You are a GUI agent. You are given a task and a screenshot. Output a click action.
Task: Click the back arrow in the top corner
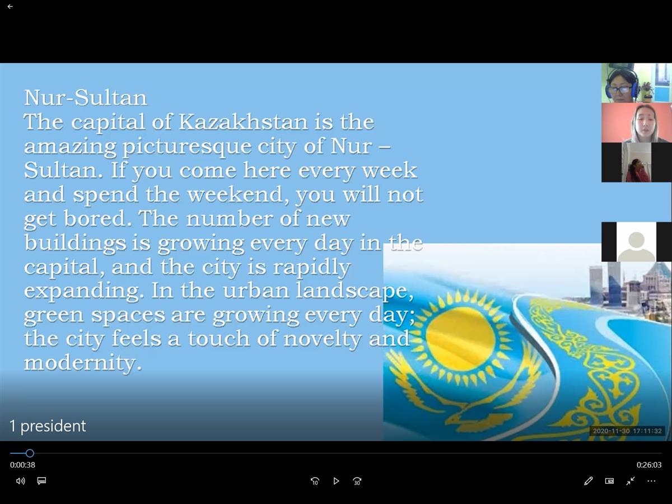point(10,6)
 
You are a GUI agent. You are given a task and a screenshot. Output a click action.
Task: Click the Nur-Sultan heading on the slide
point(86,98)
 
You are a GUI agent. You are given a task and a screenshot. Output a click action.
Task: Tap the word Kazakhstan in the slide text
point(244,122)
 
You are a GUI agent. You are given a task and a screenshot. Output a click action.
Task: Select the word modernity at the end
point(83,363)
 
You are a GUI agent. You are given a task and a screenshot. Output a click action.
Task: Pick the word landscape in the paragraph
point(355,291)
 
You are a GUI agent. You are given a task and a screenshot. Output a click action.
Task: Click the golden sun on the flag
point(460,338)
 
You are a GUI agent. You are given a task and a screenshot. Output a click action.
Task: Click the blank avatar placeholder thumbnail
point(636,242)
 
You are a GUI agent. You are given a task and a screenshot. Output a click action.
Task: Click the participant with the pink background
point(637,123)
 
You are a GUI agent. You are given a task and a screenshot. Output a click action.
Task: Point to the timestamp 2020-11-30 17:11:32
point(627,431)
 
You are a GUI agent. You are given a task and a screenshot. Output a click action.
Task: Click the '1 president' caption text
point(48,426)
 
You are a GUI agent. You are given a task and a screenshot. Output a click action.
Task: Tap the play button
point(336,482)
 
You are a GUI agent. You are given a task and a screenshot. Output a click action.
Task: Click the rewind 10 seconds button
point(315,482)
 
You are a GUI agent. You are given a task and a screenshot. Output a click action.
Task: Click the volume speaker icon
point(21,481)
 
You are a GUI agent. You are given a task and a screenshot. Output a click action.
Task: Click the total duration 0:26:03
point(649,465)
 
